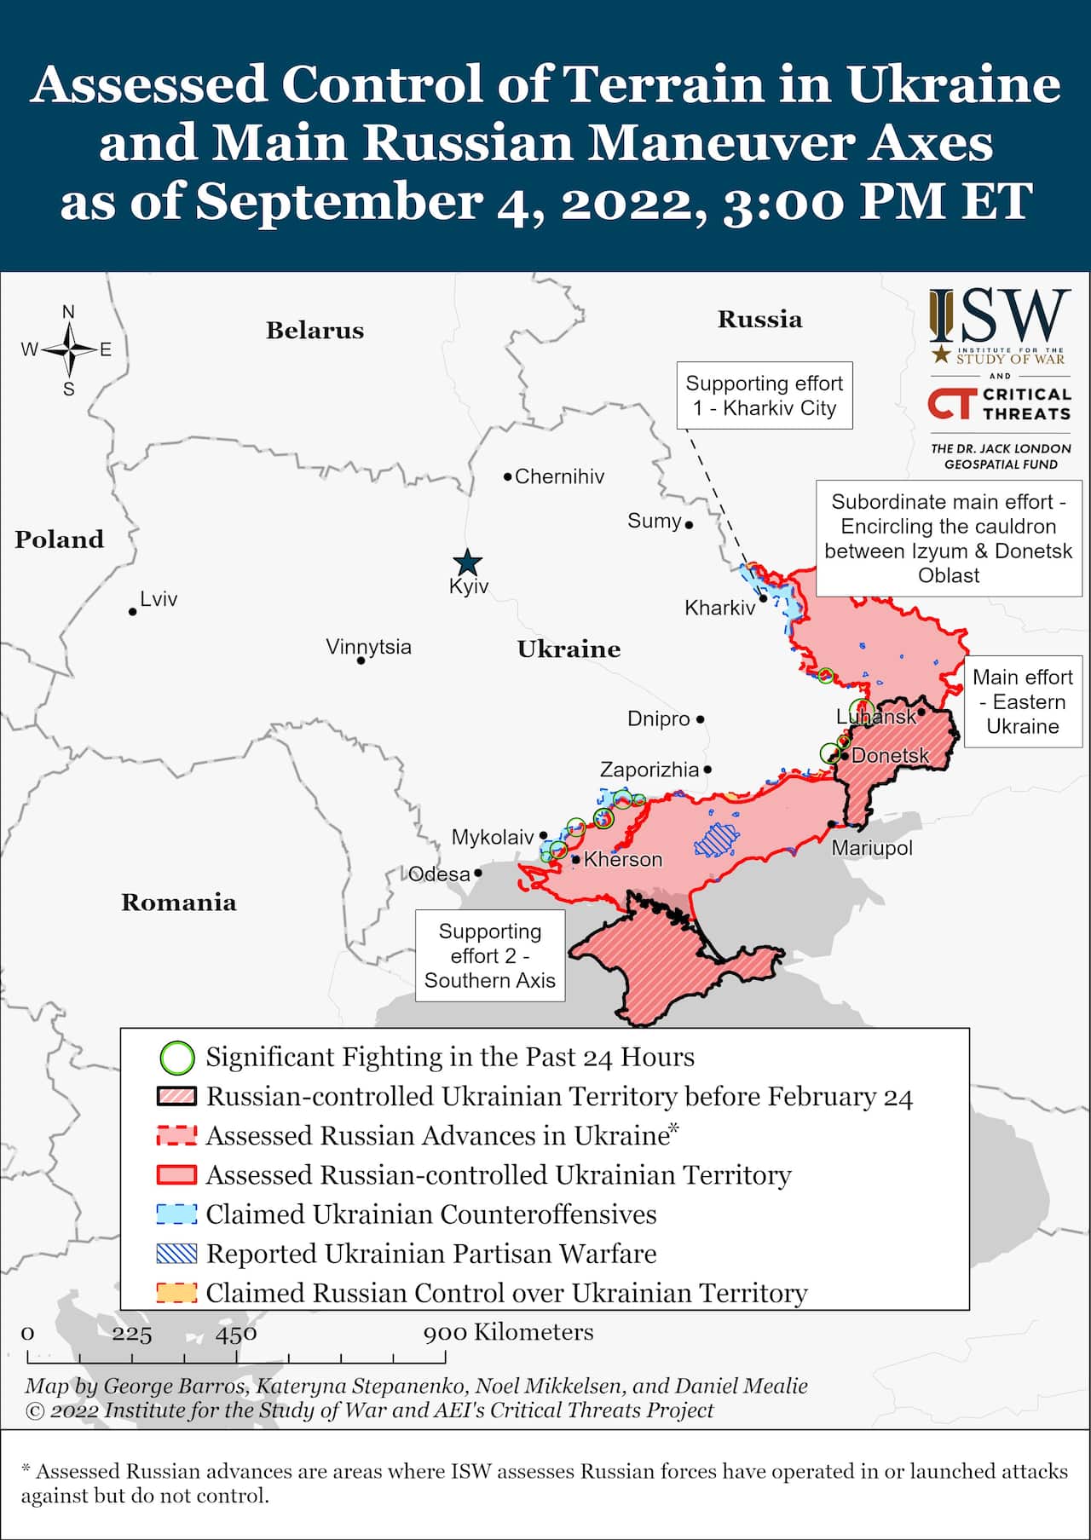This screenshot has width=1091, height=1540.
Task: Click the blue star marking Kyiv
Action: pyautogui.click(x=467, y=562)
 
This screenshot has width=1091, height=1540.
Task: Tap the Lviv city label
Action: pyautogui.click(x=158, y=599)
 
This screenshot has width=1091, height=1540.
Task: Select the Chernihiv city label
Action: pyautogui.click(x=559, y=476)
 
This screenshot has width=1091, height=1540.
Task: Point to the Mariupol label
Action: pyautogui.click(x=871, y=848)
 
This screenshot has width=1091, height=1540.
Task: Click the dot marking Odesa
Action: pyautogui.click(x=478, y=873)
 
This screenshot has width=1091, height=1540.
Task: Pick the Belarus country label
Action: pyautogui.click(x=315, y=331)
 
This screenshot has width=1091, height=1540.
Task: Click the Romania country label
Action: pyautogui.click(x=178, y=903)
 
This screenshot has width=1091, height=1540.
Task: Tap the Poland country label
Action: pyautogui.click(x=59, y=539)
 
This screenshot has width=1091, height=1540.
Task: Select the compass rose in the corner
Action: pyautogui.click(x=69, y=349)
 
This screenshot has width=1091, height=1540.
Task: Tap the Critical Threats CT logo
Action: pyautogui.click(x=950, y=404)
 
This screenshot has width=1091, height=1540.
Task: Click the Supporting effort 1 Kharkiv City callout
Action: pyautogui.click(x=764, y=395)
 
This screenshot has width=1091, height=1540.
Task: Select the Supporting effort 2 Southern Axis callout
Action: pyautogui.click(x=489, y=955)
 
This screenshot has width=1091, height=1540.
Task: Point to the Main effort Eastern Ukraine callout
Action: pyautogui.click(x=1022, y=701)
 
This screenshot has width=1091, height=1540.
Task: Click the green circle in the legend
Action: pyautogui.click(x=177, y=1058)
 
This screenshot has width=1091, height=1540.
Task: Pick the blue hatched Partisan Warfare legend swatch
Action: pyautogui.click(x=176, y=1254)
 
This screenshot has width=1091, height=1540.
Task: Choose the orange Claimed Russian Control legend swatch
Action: pyautogui.click(x=176, y=1293)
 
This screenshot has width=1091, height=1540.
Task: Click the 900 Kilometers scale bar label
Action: pyautogui.click(x=508, y=1332)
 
